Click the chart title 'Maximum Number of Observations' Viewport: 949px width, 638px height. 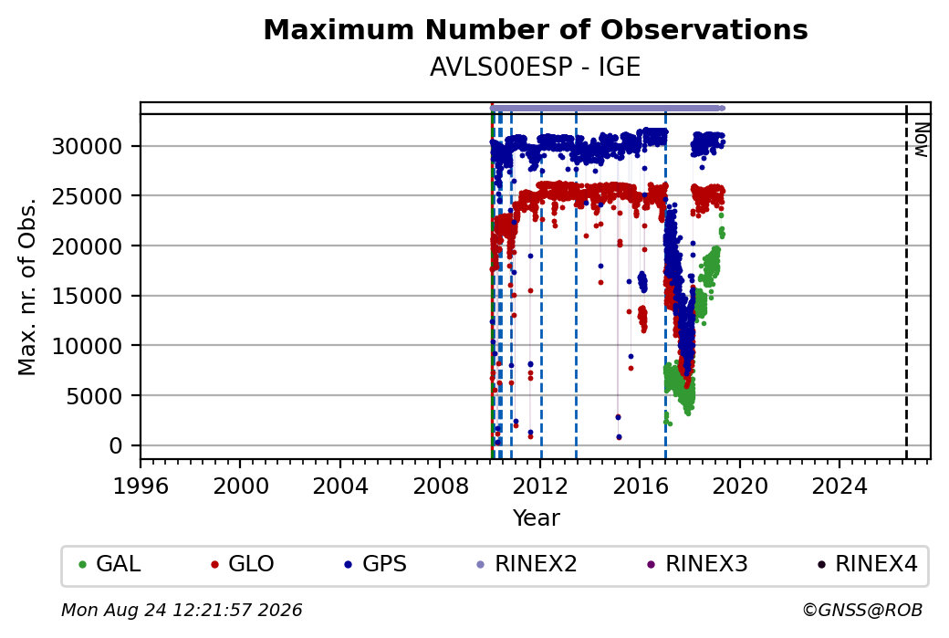pyautogui.click(x=536, y=29)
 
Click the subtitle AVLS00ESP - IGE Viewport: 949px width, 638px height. pyautogui.click(x=535, y=67)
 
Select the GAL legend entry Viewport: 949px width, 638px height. pyautogui.click(x=110, y=564)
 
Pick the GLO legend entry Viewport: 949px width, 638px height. pyautogui.click(x=243, y=564)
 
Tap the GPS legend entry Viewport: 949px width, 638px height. pyautogui.click(x=376, y=564)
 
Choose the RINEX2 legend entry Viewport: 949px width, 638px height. pyautogui.click(x=527, y=564)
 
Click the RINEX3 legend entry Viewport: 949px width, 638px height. pyautogui.click(x=698, y=564)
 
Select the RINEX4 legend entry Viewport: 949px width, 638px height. pyautogui.click(x=868, y=564)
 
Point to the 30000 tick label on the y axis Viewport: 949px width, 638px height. pyautogui.click(x=88, y=146)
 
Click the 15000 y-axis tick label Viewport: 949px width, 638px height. pyautogui.click(x=88, y=296)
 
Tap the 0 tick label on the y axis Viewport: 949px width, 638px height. pyautogui.click(x=116, y=446)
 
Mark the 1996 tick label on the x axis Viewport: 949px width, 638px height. pyautogui.click(x=141, y=486)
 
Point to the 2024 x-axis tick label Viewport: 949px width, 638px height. pyautogui.click(x=839, y=486)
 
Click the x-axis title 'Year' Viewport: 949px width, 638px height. pyautogui.click(x=537, y=518)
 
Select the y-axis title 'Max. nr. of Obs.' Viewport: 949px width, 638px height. pyautogui.click(x=27, y=287)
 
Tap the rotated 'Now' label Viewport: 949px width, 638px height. pyautogui.click(x=921, y=140)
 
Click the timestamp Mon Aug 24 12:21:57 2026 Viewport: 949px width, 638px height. pyautogui.click(x=182, y=610)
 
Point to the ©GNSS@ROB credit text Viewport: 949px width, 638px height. pyautogui.click(x=862, y=610)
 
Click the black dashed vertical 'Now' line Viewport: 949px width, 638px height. pyautogui.click(x=906, y=281)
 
